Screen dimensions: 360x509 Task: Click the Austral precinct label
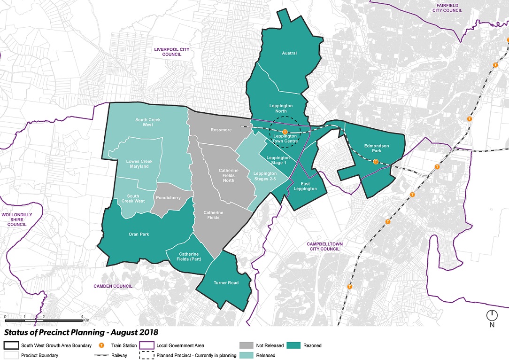click(289, 53)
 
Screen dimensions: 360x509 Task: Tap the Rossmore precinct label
click(222, 130)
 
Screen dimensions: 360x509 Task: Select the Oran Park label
click(139, 234)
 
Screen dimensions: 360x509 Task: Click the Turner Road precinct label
click(226, 283)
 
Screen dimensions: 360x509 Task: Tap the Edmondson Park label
click(377, 149)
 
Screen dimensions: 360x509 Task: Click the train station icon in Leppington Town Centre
click(285, 131)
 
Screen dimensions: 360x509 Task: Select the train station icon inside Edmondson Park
click(375, 162)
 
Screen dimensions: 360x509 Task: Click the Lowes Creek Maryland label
click(138, 164)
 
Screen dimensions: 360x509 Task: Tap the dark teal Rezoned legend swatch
click(296, 345)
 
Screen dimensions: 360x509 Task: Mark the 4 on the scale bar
click(82, 317)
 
